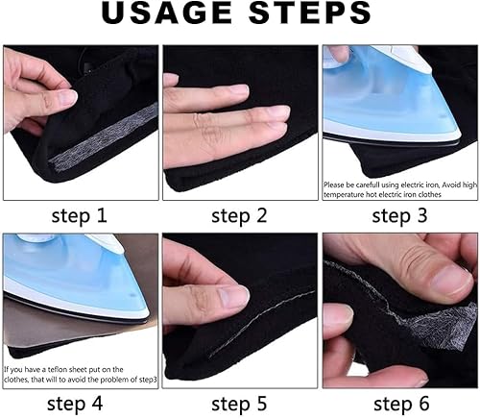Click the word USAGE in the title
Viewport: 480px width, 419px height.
[166, 13]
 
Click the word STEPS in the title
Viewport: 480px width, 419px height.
[310, 13]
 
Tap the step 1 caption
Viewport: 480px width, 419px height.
[79, 215]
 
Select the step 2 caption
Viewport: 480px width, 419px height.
[239, 215]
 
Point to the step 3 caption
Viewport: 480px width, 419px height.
[399, 215]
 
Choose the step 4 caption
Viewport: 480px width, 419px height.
[75, 404]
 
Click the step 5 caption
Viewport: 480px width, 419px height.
[239, 404]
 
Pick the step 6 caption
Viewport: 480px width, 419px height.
[401, 404]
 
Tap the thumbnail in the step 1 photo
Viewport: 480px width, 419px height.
[67, 97]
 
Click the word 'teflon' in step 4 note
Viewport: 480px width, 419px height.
[58, 369]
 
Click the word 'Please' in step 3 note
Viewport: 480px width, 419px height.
[333, 185]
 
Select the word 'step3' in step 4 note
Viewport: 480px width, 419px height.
[149, 380]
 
